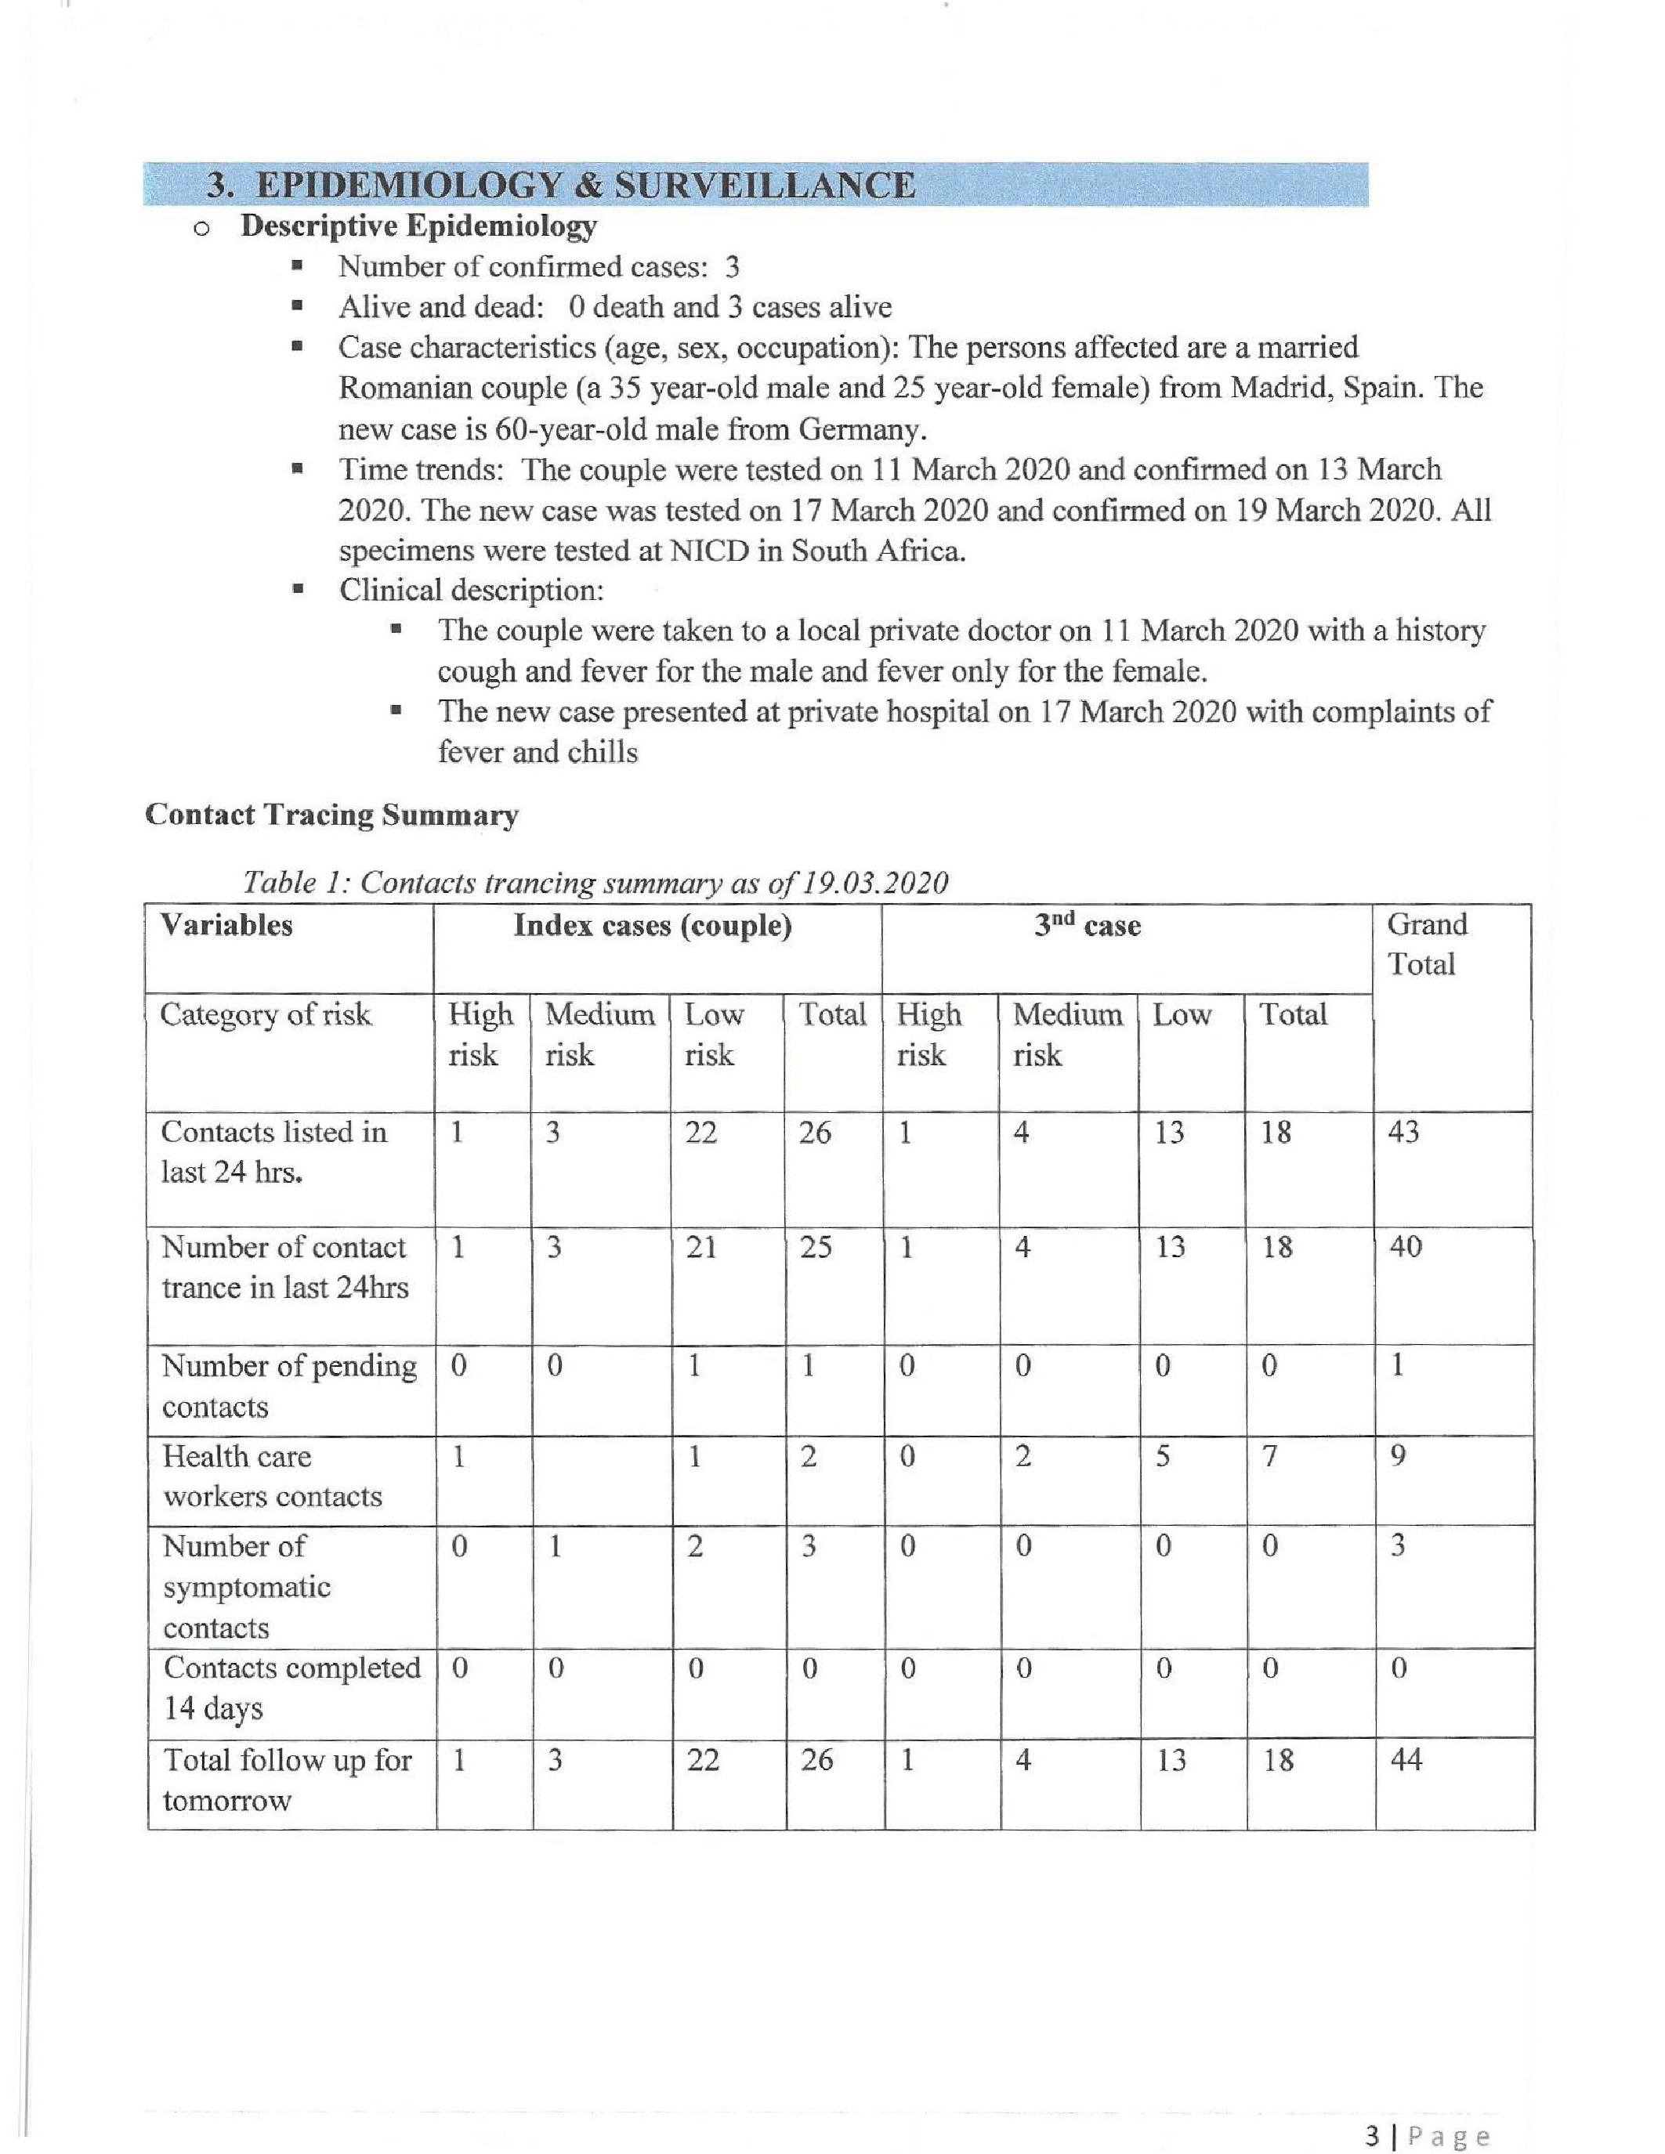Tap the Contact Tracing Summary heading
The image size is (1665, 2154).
coord(331,815)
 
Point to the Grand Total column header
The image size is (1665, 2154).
coord(1426,944)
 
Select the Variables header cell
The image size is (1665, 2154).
coord(227,925)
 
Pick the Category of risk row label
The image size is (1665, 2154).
coord(266,1015)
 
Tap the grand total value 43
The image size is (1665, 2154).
coord(1403,1133)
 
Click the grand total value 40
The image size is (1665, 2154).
coord(1405,1248)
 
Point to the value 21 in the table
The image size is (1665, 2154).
coord(701,1248)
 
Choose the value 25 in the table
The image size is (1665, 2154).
coord(815,1248)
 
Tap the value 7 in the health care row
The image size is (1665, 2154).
coord(1269,1457)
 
